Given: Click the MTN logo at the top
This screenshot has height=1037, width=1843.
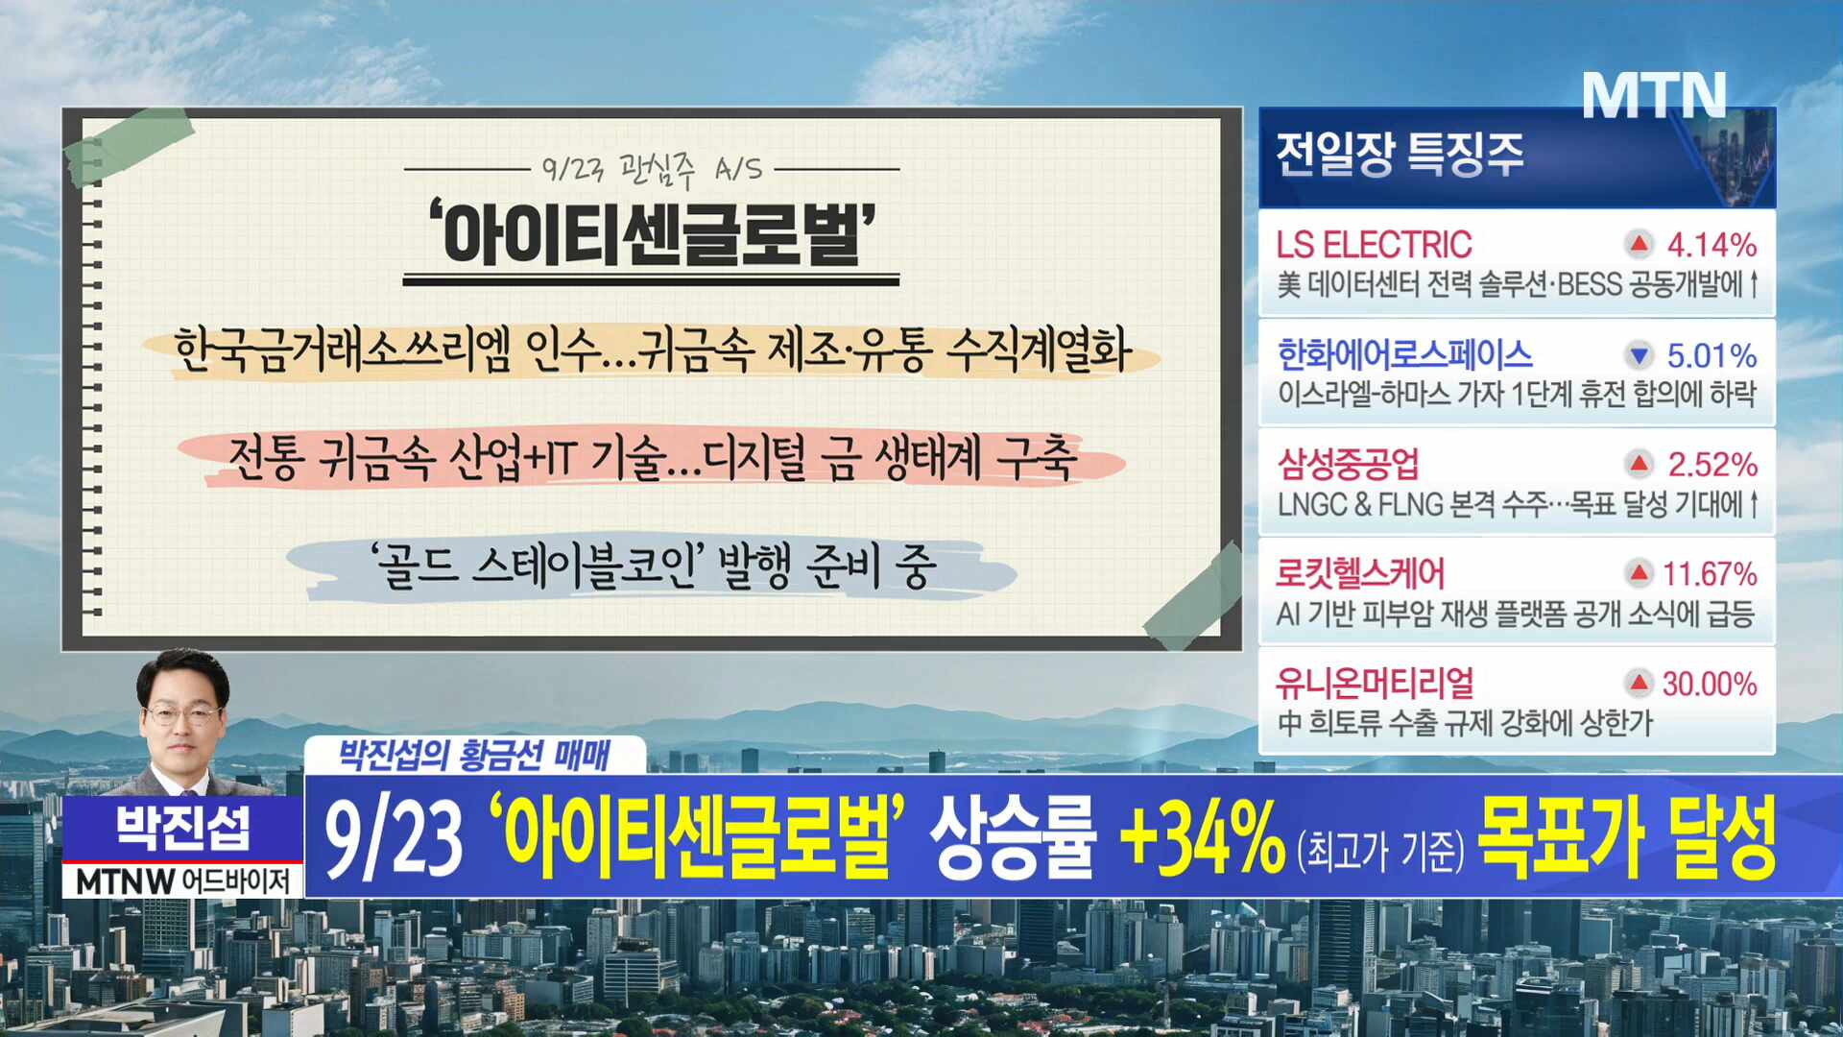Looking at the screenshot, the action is [x=1654, y=95].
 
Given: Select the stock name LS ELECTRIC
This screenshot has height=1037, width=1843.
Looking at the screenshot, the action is [x=1374, y=245].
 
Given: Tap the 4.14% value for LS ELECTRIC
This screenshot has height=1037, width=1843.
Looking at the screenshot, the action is [x=1711, y=245].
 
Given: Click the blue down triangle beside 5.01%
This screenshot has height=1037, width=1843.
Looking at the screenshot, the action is [x=1640, y=355].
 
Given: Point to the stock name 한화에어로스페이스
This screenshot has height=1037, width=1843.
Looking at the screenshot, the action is [x=1404, y=354].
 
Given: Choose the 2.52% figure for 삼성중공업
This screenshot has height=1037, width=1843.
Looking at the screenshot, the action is [x=1712, y=465].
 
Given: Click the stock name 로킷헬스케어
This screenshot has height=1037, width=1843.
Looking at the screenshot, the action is [x=1360, y=573].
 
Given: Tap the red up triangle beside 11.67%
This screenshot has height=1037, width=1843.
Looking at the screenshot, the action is [x=1639, y=573].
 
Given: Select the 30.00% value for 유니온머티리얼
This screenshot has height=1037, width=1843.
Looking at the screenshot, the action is [x=1710, y=684].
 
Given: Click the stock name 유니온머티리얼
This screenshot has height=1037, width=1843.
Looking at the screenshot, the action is [x=1375, y=683].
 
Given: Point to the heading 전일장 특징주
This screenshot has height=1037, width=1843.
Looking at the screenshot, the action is [x=1400, y=154].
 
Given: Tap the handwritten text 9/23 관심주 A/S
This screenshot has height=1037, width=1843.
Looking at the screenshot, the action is [x=652, y=169].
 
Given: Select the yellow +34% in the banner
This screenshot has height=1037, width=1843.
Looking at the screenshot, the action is [x=1202, y=836].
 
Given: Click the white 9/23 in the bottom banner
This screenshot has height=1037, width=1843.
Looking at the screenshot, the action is [x=394, y=837].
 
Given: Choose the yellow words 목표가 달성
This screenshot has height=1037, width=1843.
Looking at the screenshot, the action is [x=1627, y=836].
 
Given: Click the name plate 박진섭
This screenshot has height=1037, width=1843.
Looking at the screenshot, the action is [x=183, y=828].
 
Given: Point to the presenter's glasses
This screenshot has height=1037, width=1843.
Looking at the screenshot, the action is [x=182, y=715].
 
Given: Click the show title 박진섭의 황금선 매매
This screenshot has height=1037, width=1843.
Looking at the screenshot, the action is [x=474, y=755].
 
